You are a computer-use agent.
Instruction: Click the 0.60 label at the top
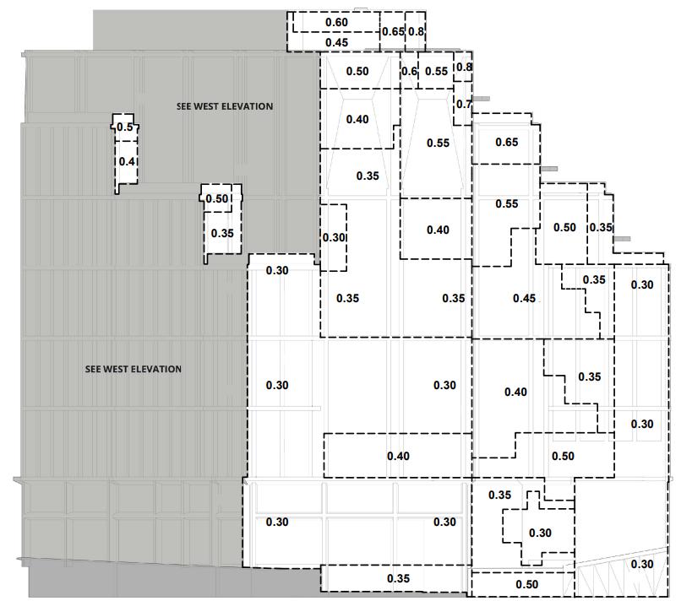(336, 22)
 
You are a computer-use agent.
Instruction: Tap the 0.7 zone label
(463, 105)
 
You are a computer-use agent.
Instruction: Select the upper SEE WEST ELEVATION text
(225, 106)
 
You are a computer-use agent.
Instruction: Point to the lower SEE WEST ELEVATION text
(133, 369)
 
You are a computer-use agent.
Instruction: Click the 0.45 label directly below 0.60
(336, 42)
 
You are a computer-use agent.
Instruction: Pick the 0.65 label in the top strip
(392, 32)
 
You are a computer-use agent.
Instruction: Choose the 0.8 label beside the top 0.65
(417, 32)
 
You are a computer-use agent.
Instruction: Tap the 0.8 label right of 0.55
(464, 67)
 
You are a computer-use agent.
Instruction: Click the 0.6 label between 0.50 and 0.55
(409, 72)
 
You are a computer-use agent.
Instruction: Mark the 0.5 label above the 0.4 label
(126, 127)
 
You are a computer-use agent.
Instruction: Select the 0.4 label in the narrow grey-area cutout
(128, 161)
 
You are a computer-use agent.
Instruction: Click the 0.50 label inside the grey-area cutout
(218, 199)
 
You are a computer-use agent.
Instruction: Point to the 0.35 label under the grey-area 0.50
(222, 233)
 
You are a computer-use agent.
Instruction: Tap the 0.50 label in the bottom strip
(526, 584)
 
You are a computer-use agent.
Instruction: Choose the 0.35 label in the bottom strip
(399, 579)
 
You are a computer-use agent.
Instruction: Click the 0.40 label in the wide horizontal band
(399, 457)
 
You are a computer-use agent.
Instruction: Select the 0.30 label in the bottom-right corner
(642, 565)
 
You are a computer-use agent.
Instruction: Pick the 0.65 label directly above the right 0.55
(506, 142)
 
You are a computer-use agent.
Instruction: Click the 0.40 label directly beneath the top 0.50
(357, 120)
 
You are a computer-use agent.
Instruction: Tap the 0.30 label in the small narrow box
(334, 238)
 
